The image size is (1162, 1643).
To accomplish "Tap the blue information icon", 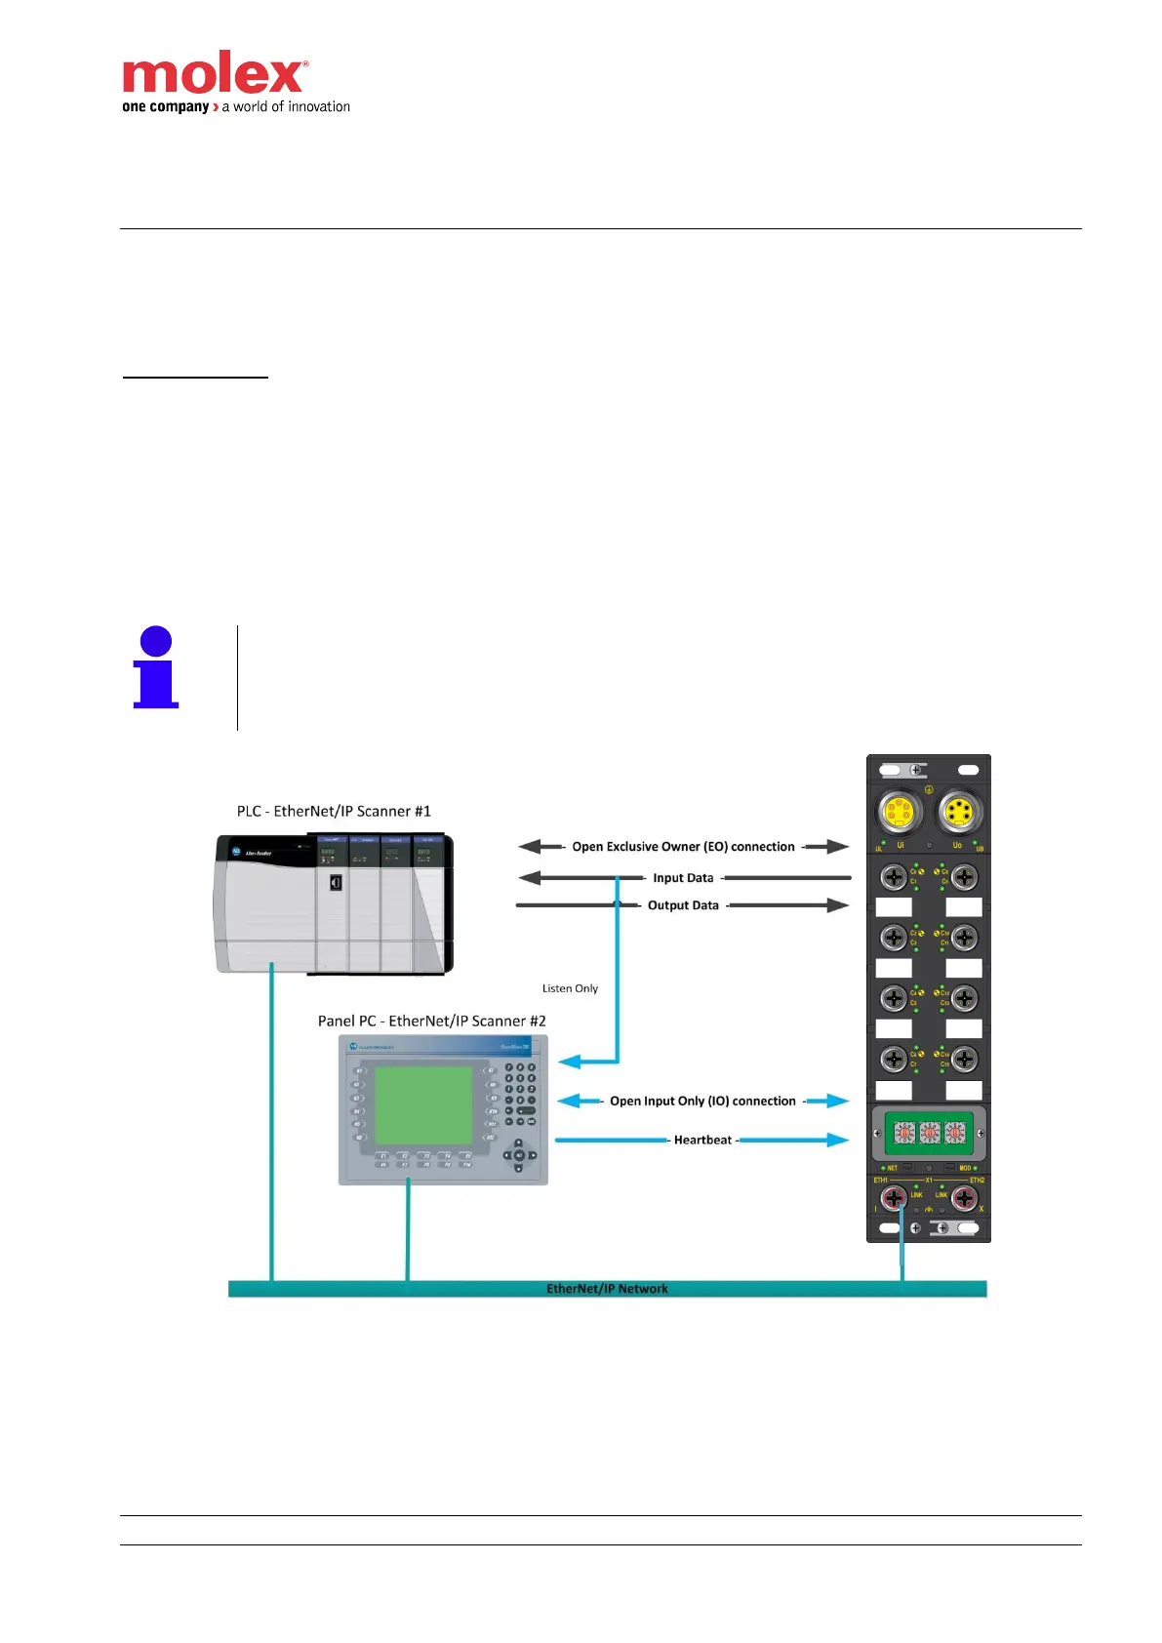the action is pyautogui.click(x=156, y=668).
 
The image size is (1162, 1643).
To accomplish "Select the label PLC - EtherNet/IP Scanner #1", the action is pyautogui.click(x=334, y=811).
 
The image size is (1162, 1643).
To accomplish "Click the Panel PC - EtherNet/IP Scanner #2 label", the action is pyautogui.click(x=431, y=1021).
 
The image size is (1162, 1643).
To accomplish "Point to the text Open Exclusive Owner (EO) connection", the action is pyautogui.click(x=683, y=847).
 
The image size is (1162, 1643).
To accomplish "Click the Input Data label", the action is pyautogui.click(x=683, y=878).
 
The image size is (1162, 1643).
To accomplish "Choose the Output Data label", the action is pyautogui.click(x=683, y=905).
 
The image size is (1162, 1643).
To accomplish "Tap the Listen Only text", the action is pyautogui.click(x=570, y=988).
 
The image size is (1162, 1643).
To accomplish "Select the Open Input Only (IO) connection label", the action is pyautogui.click(x=702, y=1101).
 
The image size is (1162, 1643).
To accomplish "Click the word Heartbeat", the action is pyautogui.click(x=702, y=1140).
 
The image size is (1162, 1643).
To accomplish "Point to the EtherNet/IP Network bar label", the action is pyautogui.click(x=607, y=1289).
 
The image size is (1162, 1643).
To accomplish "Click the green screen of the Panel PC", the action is pyautogui.click(x=423, y=1104).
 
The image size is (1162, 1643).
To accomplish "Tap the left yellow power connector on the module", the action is pyautogui.click(x=898, y=813).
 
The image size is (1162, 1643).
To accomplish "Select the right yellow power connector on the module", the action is pyautogui.click(x=959, y=813).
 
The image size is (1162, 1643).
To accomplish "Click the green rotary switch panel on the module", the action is pyautogui.click(x=928, y=1133).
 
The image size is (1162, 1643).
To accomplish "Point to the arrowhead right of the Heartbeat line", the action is pyautogui.click(x=837, y=1140).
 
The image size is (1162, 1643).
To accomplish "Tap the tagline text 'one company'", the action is pyautogui.click(x=165, y=106).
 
